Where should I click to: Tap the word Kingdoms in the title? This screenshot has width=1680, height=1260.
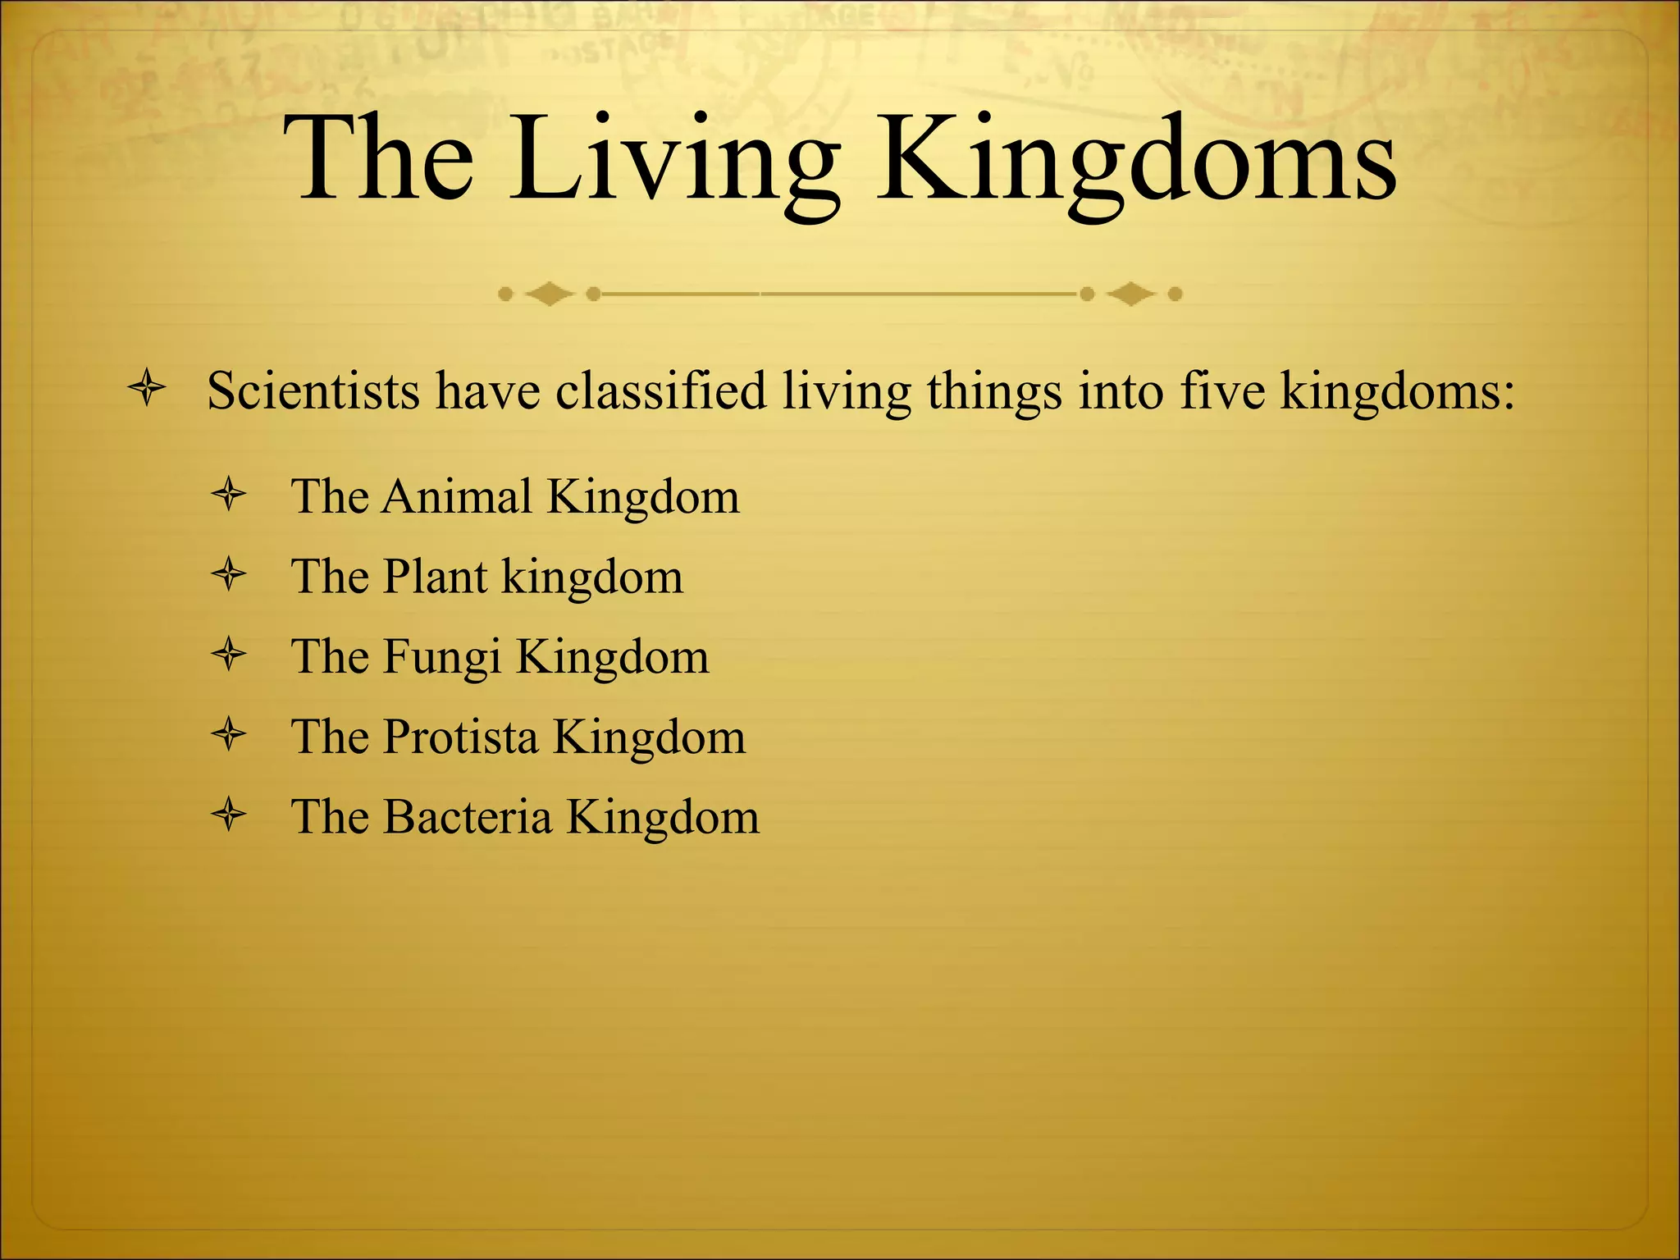pyautogui.click(x=1136, y=160)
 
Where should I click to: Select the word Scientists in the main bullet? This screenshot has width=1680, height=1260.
pyautogui.click(x=313, y=390)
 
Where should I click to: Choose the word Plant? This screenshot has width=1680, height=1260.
pyautogui.click(x=436, y=577)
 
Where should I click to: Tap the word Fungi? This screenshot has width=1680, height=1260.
pyautogui.click(x=442, y=657)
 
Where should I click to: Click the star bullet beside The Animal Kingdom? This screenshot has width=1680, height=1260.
pyautogui.click(x=229, y=495)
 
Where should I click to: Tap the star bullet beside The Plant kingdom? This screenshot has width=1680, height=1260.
pyautogui.click(x=229, y=574)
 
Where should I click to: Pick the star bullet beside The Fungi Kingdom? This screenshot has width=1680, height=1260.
pyautogui.click(x=229, y=655)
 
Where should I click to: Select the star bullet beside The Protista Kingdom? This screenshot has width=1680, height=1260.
pyautogui.click(x=229, y=734)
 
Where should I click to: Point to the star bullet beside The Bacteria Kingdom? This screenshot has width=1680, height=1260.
pyautogui.click(x=229, y=815)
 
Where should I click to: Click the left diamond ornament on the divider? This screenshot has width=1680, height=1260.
pyautogui.click(x=549, y=294)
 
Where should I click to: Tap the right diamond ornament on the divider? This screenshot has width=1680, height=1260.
pyautogui.click(x=1131, y=294)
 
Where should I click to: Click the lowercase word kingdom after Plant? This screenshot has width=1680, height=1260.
pyautogui.click(x=592, y=577)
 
